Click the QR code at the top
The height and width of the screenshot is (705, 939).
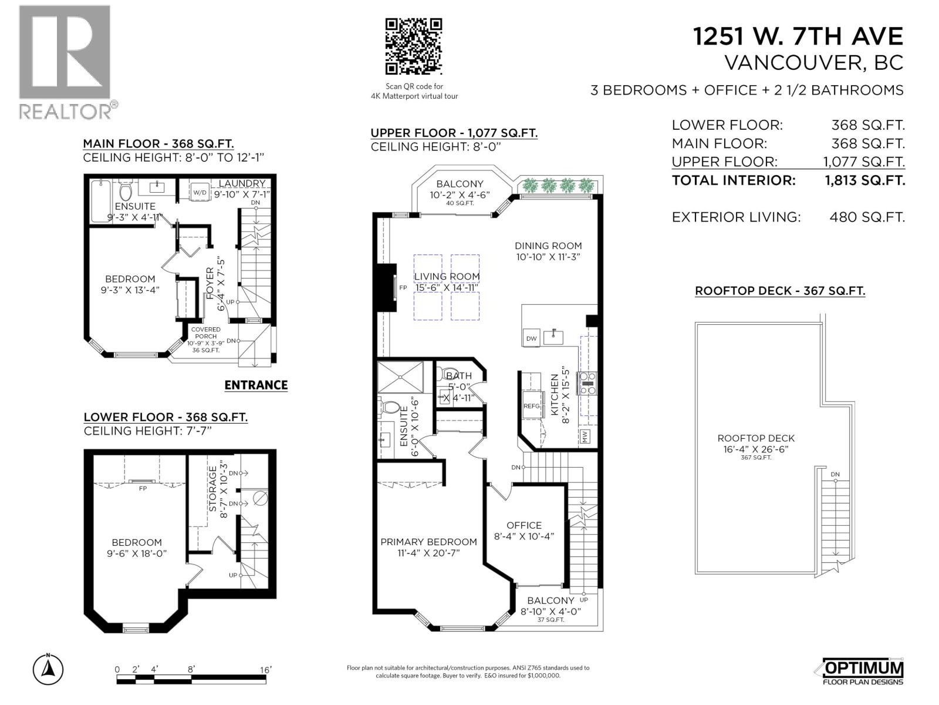[x=413, y=47]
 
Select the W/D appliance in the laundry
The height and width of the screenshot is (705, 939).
[x=200, y=192]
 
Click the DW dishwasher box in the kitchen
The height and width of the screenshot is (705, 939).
[x=531, y=338]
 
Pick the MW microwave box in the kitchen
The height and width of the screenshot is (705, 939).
[x=585, y=437]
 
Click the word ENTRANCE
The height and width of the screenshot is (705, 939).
[x=256, y=385]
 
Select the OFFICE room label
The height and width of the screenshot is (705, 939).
[x=524, y=525]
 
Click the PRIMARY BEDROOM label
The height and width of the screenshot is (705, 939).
[x=428, y=542]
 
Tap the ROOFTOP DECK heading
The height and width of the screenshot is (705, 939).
[x=779, y=291]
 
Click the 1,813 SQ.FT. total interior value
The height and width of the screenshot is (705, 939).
[x=865, y=180]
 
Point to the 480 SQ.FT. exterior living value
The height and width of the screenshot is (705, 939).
[x=867, y=217]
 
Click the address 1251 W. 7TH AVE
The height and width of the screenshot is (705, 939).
[x=798, y=36]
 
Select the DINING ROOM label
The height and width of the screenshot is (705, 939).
[x=548, y=246]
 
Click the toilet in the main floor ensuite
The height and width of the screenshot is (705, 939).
[x=124, y=192]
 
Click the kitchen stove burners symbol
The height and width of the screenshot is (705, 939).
[x=588, y=383]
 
